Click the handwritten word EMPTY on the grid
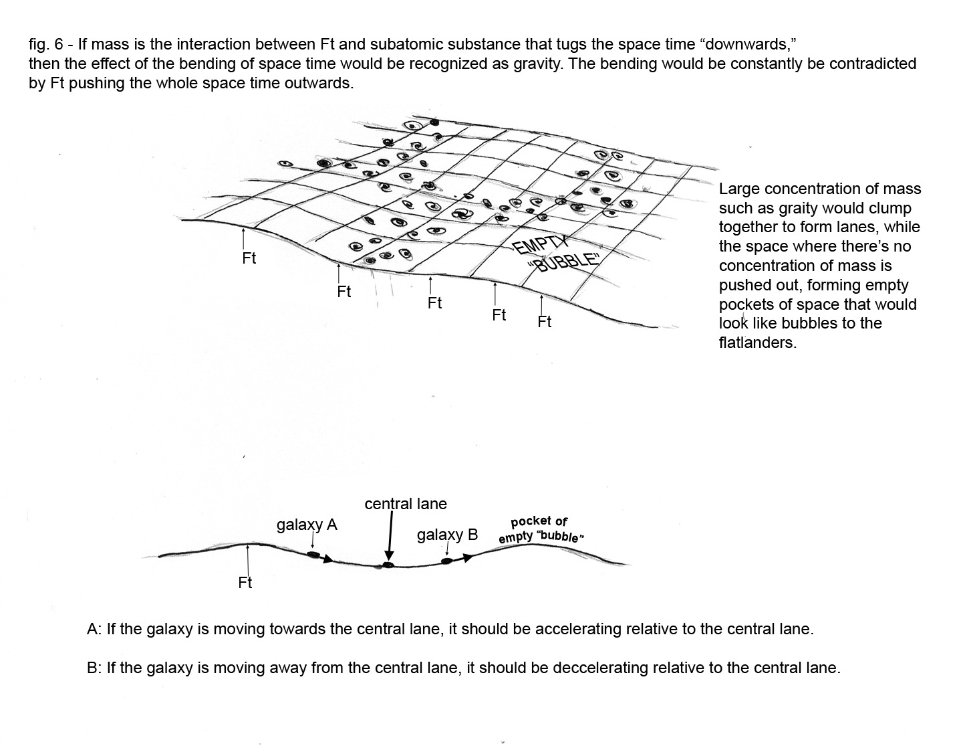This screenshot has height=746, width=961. point(540,244)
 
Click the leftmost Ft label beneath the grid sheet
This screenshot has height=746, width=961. point(249,258)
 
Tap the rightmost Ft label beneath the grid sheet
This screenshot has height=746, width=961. point(545,322)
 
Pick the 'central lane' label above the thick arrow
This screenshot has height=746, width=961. point(406,504)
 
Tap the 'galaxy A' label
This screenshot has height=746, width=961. point(307,525)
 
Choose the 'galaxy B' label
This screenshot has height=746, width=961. point(447,535)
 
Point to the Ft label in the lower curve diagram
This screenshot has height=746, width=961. point(245,583)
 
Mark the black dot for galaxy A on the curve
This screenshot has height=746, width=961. point(313,555)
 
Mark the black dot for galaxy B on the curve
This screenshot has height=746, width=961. point(447,561)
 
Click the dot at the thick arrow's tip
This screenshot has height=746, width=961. point(388,565)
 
